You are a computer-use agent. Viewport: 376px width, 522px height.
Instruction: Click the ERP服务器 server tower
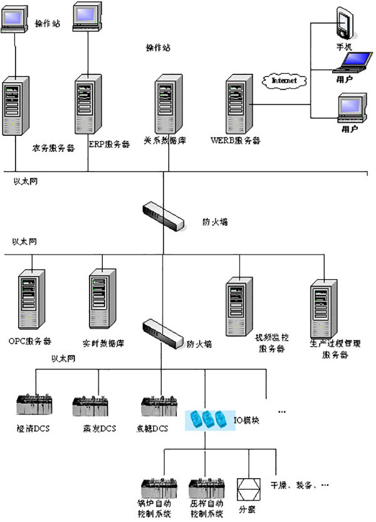[88, 105]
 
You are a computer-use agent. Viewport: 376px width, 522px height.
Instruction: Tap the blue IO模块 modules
[208, 419]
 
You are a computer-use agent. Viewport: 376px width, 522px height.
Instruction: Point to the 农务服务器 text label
[54, 149]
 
